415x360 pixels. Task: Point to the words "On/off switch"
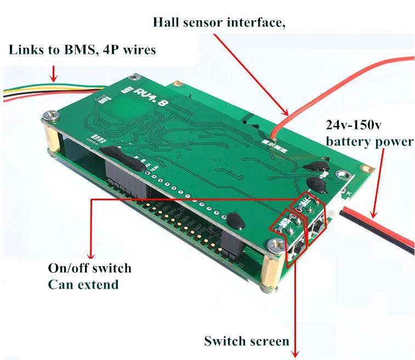[x=90, y=268]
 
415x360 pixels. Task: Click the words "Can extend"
[x=83, y=284]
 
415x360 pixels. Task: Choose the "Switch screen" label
[x=246, y=341]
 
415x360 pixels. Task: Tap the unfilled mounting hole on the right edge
[x=344, y=176]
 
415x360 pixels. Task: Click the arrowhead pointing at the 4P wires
[x=53, y=78]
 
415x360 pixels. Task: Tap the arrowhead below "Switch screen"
[x=297, y=354]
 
